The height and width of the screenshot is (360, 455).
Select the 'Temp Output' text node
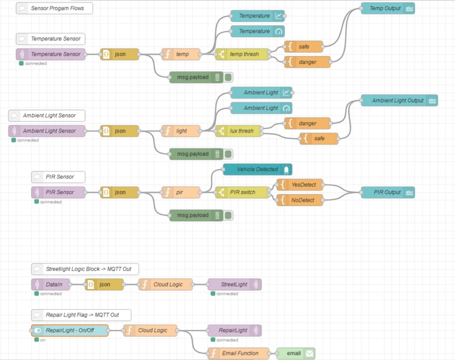(387, 8)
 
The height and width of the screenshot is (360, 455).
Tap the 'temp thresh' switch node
(243, 54)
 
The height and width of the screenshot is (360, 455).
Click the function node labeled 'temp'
(181, 54)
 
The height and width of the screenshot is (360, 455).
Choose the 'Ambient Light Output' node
(399, 101)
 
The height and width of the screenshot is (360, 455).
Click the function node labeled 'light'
(181, 131)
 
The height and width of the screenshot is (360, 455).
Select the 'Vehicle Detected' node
(257, 170)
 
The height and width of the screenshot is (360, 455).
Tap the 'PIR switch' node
(243, 192)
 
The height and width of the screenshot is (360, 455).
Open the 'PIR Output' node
(387, 192)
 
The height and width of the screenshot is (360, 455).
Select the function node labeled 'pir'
(181, 192)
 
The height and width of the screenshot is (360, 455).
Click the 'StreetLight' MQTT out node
(234, 285)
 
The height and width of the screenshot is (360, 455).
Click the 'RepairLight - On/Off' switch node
(70, 330)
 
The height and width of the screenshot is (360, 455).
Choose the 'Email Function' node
(238, 353)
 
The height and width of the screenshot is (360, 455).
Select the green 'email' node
(296, 353)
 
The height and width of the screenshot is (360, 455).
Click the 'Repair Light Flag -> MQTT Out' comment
(81, 315)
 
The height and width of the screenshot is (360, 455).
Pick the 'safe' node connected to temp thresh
(304, 46)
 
